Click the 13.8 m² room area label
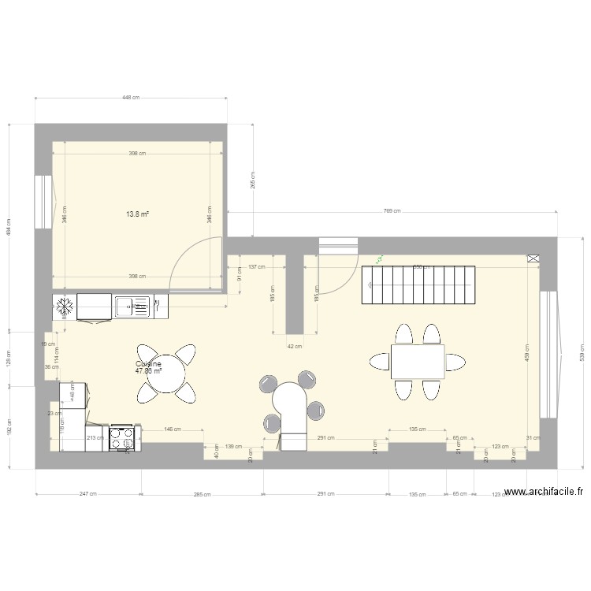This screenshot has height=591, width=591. tap(139, 214)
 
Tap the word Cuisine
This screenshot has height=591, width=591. tap(148, 364)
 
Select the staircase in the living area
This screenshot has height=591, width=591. tap(418, 285)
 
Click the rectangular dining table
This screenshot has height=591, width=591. tap(417, 362)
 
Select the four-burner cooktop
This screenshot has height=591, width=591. tap(122, 437)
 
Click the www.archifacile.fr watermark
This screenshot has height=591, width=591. tap(544, 492)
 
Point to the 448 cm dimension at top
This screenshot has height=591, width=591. tap(131, 98)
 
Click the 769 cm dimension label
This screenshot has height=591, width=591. tap(392, 210)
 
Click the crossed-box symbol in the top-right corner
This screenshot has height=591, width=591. tap(533, 258)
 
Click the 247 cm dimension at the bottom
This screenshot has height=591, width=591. tap(88, 494)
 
